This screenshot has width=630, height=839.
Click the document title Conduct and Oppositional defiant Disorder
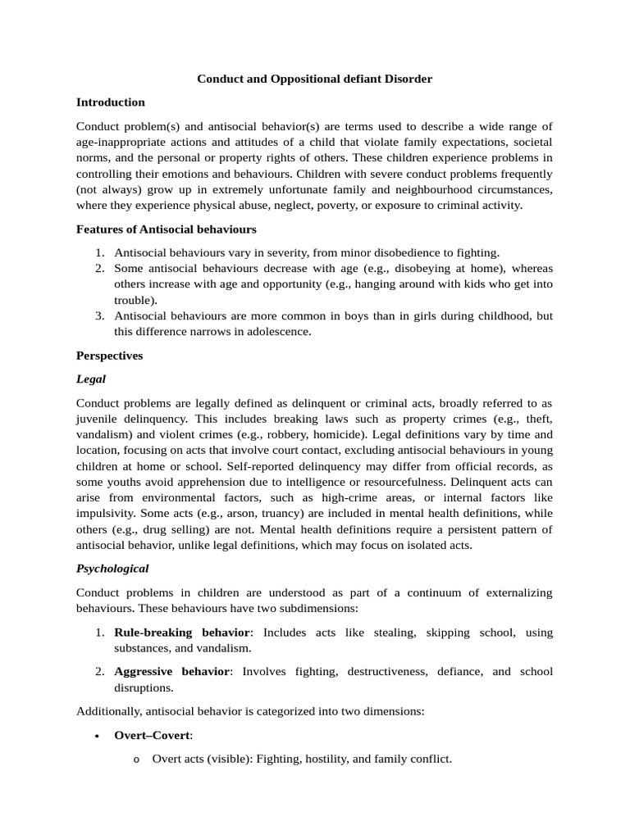click(x=314, y=79)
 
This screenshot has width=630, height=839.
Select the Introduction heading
click(x=110, y=102)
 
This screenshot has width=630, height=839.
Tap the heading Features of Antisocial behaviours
click(x=166, y=229)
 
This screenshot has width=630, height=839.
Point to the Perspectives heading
click(x=109, y=356)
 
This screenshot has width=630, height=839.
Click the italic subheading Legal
click(x=90, y=379)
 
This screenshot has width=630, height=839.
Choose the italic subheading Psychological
click(x=112, y=568)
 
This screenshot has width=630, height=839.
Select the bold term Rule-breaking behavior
click(x=180, y=633)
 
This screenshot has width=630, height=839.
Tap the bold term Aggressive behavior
click(x=172, y=671)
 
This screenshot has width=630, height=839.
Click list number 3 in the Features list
click(x=99, y=315)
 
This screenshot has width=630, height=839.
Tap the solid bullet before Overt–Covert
click(x=97, y=736)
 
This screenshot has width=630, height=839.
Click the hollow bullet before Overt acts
click(x=135, y=760)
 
